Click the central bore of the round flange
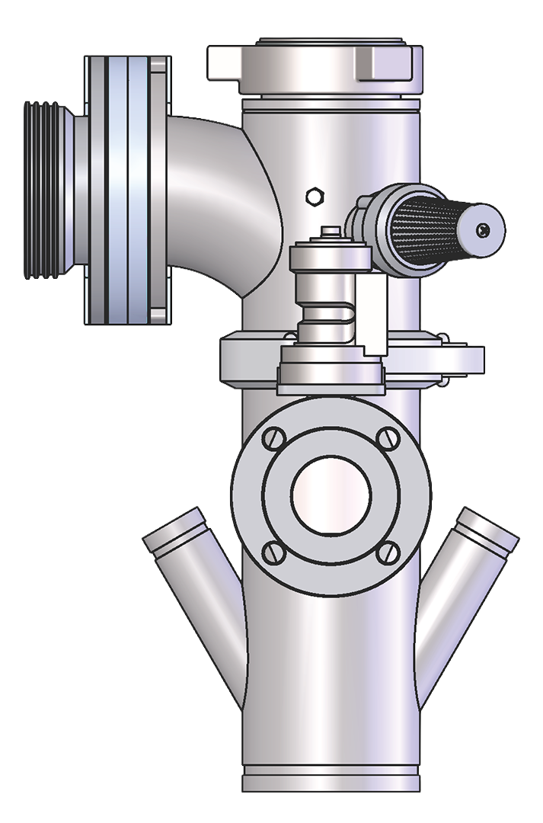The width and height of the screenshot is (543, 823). [331, 495]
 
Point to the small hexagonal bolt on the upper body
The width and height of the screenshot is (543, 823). [312, 196]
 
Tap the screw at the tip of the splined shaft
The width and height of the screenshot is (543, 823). [483, 229]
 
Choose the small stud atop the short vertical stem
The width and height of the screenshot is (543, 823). [328, 232]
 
